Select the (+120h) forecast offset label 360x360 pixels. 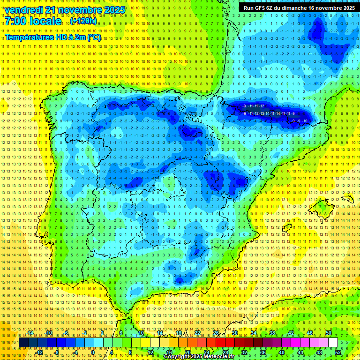click(x=84, y=22)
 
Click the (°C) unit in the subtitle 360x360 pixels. click(x=94, y=37)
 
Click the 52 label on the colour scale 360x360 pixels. click(x=338, y=352)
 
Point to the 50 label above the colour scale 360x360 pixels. click(x=328, y=333)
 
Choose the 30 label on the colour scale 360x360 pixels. click(x=234, y=333)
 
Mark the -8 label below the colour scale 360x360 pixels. click(x=57, y=352)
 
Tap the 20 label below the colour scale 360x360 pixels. click(x=187, y=352)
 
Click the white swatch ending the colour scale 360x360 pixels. click(x=333, y=343)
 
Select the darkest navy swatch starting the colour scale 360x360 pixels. click(x=24, y=343)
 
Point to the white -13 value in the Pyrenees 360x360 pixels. click(x=263, y=113)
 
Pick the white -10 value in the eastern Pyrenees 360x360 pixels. click(x=305, y=121)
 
